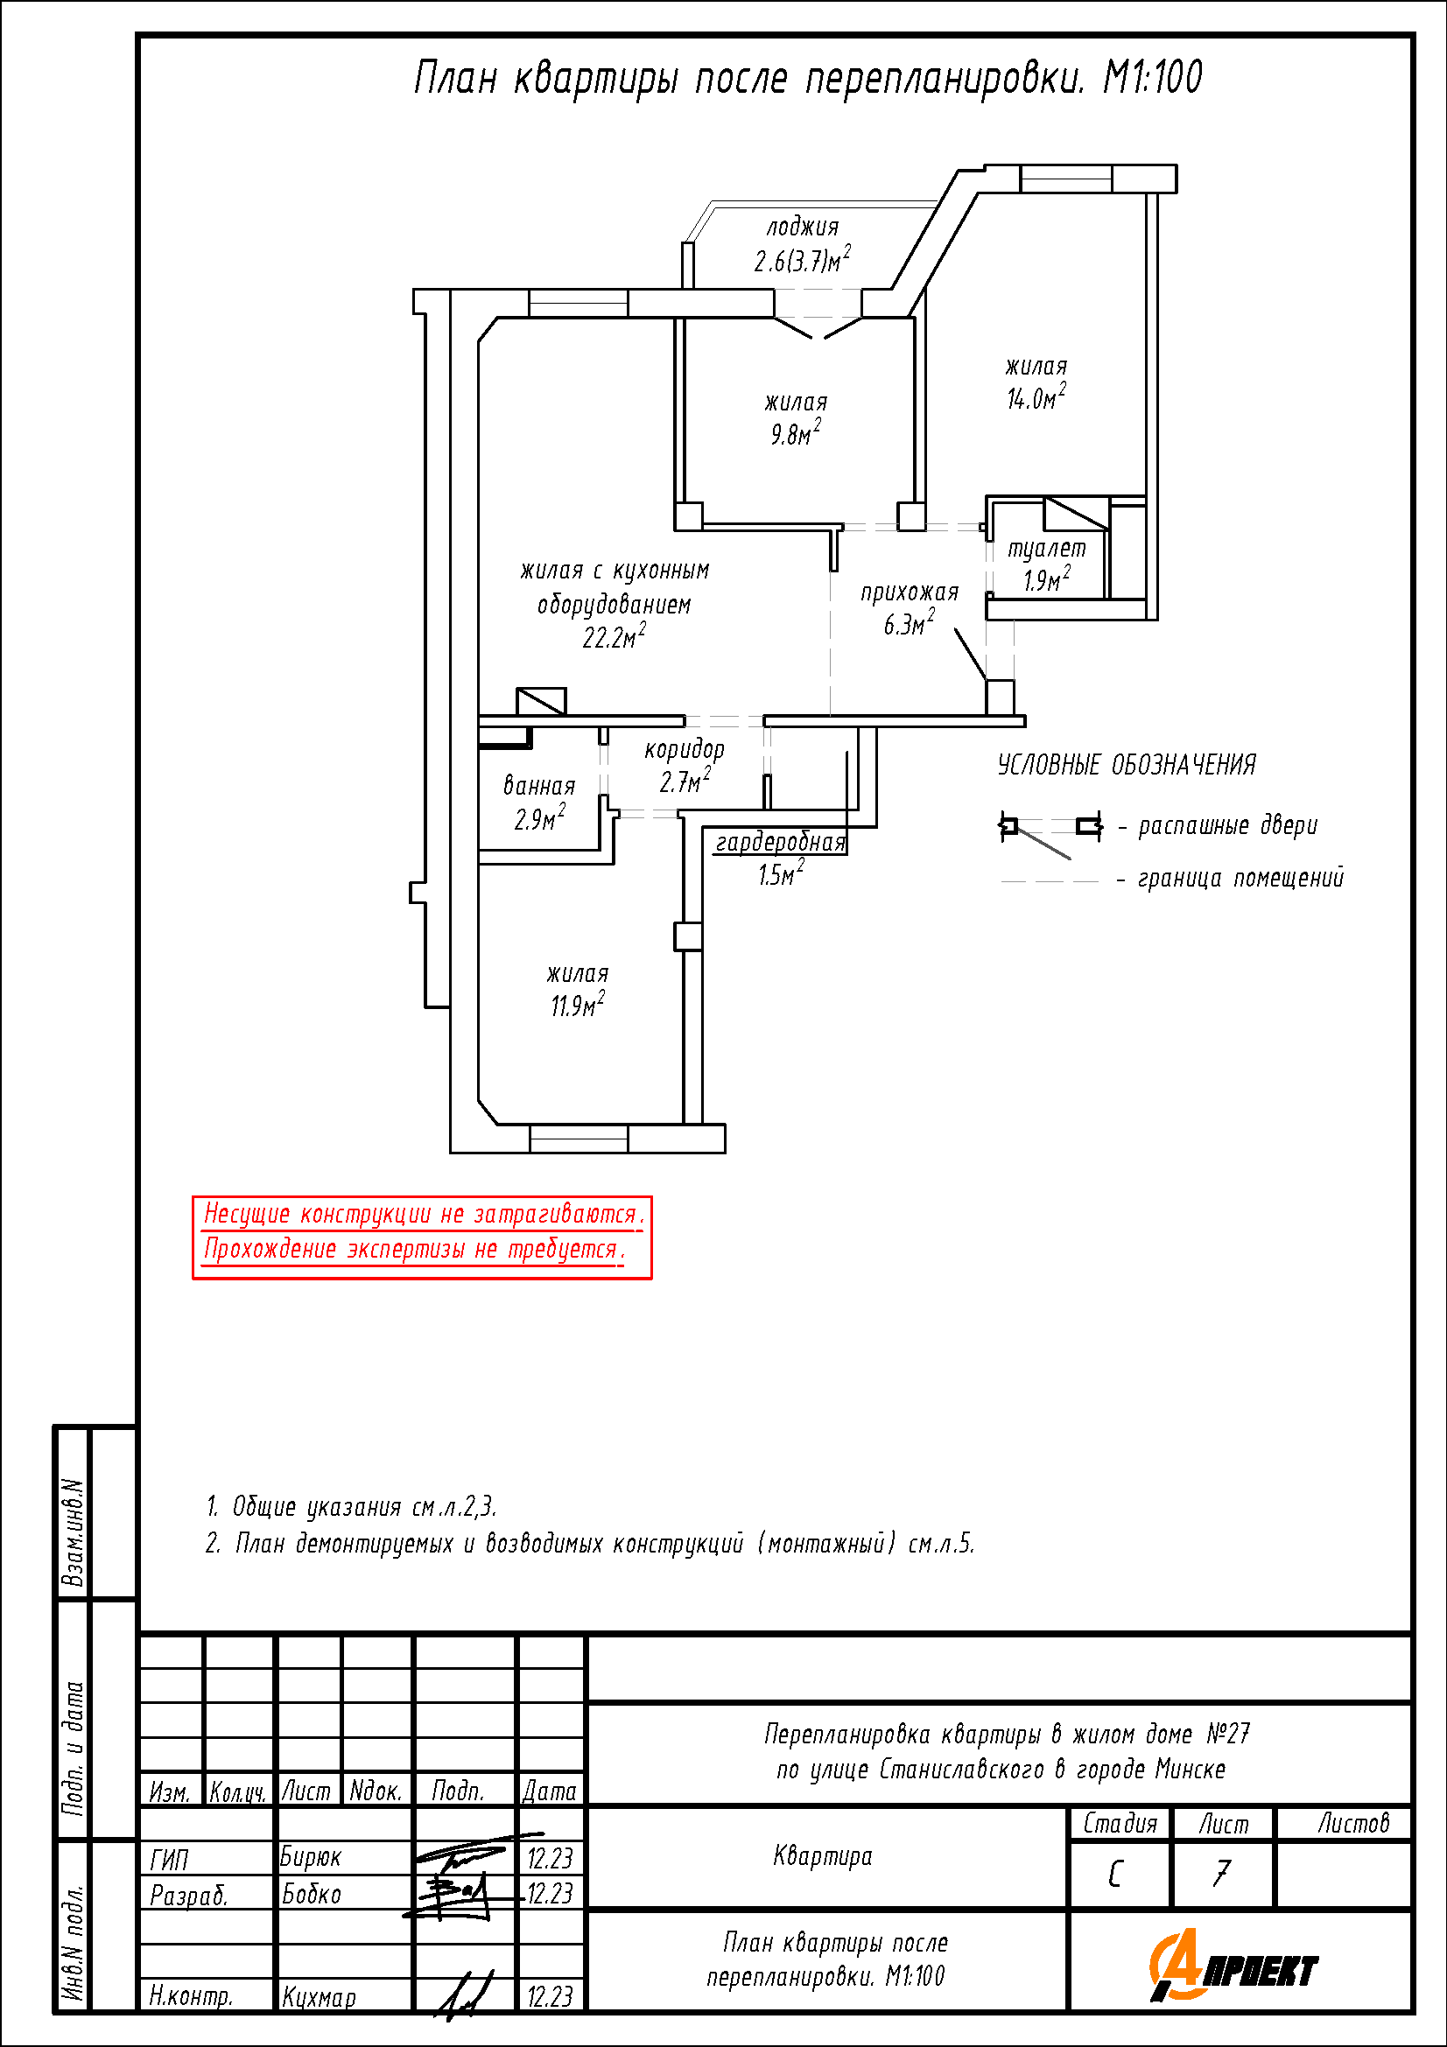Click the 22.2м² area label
tap(614, 637)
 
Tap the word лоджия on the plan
tap(803, 228)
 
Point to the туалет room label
tap(1047, 550)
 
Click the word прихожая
tap(910, 592)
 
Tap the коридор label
tap(685, 750)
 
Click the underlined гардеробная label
tap(780, 843)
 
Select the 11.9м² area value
tap(577, 1006)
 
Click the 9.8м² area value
tap(795, 434)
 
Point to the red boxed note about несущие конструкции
tap(422, 1237)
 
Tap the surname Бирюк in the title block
tap(310, 1857)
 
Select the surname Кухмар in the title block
tap(320, 1998)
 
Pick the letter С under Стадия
tap(1115, 1875)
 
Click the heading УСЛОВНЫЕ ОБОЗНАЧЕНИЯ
tap(1126, 765)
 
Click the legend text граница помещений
tap(1240, 879)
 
